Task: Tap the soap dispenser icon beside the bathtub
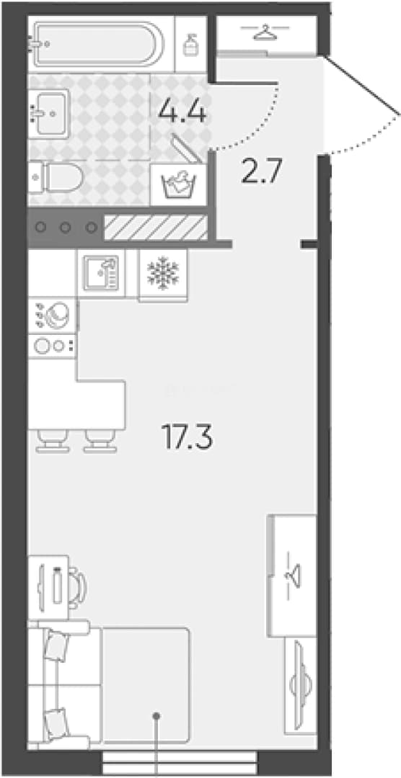190,45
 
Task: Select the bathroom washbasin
48,114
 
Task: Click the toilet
56,177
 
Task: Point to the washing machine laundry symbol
179,184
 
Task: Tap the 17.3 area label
187,438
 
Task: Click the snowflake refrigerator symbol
163,274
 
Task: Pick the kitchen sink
101,274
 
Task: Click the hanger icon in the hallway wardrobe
265,32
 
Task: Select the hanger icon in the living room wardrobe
293,577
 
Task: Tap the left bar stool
53,441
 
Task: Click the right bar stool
100,441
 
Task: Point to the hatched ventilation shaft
155,227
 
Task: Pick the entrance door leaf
362,84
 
